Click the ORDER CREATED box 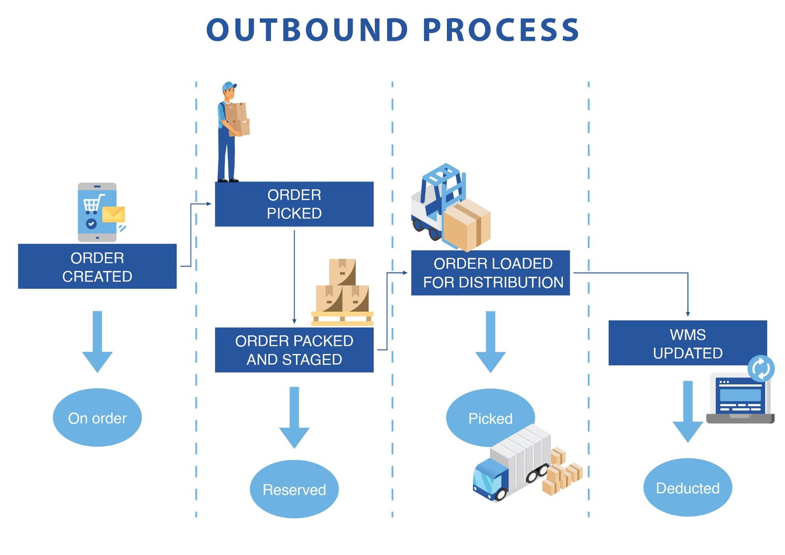tap(97, 266)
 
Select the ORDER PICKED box tap(294, 204)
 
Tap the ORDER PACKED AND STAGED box tap(294, 350)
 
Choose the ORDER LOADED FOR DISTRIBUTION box tap(490, 273)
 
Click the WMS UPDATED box tap(687, 343)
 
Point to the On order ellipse tap(97, 418)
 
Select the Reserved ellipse tap(294, 489)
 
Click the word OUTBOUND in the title tap(307, 30)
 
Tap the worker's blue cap tap(228, 87)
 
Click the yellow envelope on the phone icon tap(114, 214)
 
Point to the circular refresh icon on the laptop tap(761, 368)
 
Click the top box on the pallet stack tap(342, 271)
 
